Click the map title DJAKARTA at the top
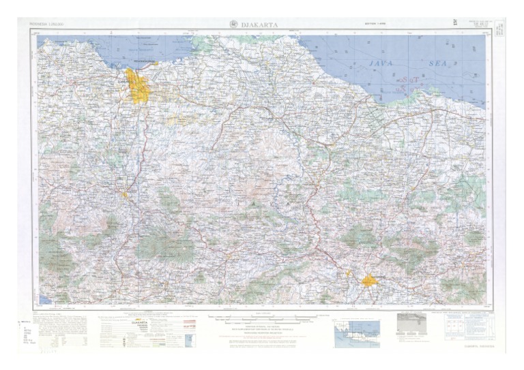click(x=261, y=25)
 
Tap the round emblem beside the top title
click(x=235, y=25)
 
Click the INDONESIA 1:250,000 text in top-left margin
click(x=46, y=25)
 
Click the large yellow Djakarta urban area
click(x=139, y=88)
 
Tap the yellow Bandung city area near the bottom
click(x=369, y=280)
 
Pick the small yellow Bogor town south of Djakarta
click(x=125, y=196)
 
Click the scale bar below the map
click(x=261, y=317)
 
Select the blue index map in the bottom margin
click(x=357, y=334)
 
